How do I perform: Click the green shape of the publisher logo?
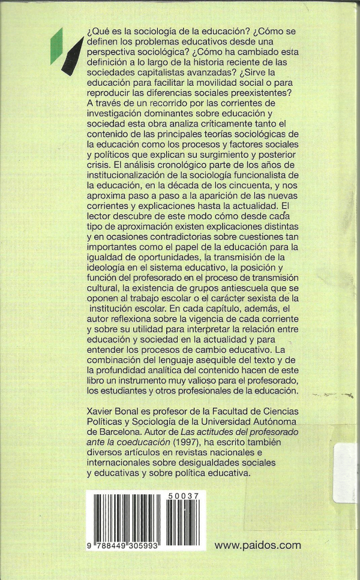tap(57, 43)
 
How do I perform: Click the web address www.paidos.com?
tap(257, 545)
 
